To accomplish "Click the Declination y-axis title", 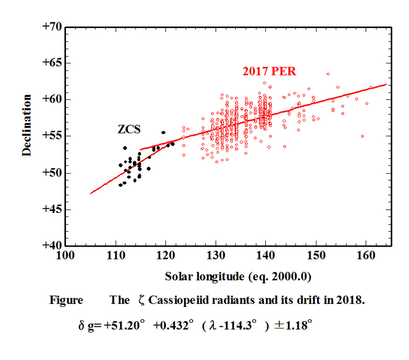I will (x=27, y=125).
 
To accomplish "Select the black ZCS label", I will (x=128, y=130).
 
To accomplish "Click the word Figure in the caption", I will (x=66, y=300).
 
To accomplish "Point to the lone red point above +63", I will (x=328, y=74).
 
